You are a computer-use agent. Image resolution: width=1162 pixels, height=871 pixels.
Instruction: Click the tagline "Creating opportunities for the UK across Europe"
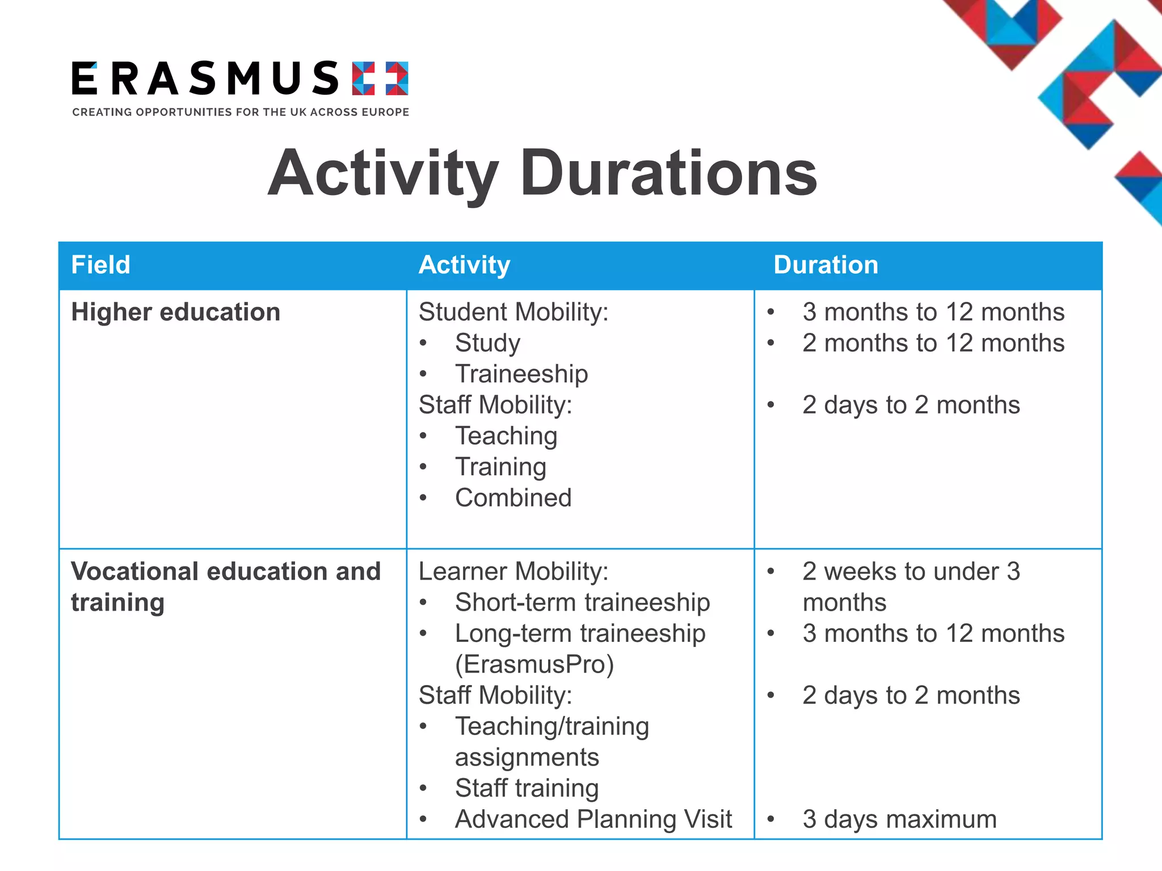pos(241,112)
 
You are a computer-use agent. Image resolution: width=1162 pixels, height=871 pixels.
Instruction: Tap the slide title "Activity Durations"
pos(542,173)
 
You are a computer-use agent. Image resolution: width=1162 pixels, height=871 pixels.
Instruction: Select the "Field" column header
pos(101,265)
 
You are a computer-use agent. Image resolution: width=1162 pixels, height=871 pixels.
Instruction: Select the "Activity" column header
pos(464,265)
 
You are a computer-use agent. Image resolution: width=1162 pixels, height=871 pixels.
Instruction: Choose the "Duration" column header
pos(826,265)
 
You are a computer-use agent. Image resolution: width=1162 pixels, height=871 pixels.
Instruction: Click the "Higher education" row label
pos(176,312)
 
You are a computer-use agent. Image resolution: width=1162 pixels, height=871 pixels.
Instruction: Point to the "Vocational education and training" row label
pos(225,586)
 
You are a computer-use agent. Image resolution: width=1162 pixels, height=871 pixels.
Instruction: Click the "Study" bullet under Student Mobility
pos(487,343)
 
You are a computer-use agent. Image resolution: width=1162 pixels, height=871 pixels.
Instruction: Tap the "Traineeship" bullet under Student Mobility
pos(521,374)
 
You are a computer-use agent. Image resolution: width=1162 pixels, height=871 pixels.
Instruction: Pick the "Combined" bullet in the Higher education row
pos(513,498)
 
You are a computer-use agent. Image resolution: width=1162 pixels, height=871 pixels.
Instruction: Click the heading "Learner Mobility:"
pos(513,571)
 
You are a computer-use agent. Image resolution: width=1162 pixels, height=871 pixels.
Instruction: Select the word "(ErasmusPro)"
pos(534,665)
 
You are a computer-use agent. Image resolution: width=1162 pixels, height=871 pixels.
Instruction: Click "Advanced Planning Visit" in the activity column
pos(593,819)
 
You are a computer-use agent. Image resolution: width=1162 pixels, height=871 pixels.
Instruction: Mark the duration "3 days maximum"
pos(899,819)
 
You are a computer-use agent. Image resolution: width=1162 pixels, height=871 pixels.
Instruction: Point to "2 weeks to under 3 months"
pos(911,586)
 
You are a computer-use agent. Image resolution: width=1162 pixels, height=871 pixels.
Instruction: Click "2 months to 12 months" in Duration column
pos(933,343)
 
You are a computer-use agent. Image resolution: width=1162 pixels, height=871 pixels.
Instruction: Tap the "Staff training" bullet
pos(527,788)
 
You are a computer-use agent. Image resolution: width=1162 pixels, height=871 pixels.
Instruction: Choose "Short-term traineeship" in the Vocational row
pos(582,602)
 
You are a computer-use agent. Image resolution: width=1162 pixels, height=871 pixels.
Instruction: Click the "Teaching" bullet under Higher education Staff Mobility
pos(506,436)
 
